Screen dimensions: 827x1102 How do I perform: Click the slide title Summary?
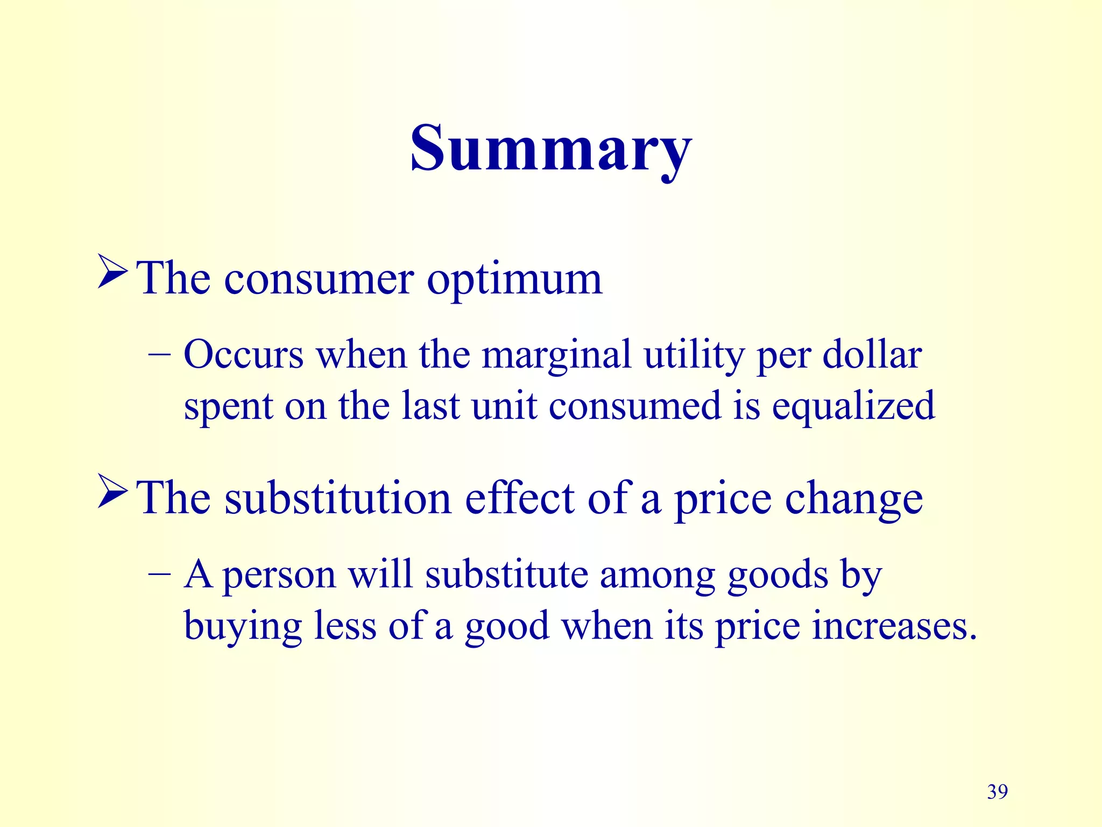(550, 148)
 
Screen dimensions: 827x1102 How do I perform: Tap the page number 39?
(997, 791)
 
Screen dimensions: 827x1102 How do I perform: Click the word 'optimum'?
(514, 280)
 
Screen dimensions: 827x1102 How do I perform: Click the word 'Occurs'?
(244, 355)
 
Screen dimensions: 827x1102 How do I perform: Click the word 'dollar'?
(872, 355)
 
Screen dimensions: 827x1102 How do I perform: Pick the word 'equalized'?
(853, 407)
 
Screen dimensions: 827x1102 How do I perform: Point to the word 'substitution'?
(338, 499)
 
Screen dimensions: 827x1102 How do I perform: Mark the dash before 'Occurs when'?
(159, 355)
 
